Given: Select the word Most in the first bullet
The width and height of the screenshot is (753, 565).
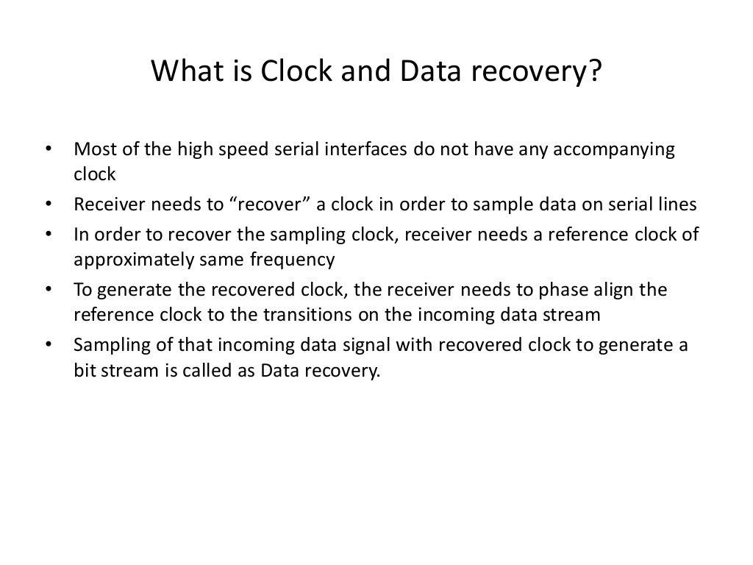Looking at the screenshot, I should (92, 149).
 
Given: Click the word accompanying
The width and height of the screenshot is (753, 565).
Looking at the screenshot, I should (613, 149).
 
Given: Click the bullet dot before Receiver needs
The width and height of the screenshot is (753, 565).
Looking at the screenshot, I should (49, 204).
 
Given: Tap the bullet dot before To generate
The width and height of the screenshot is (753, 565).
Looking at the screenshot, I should (49, 289).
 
